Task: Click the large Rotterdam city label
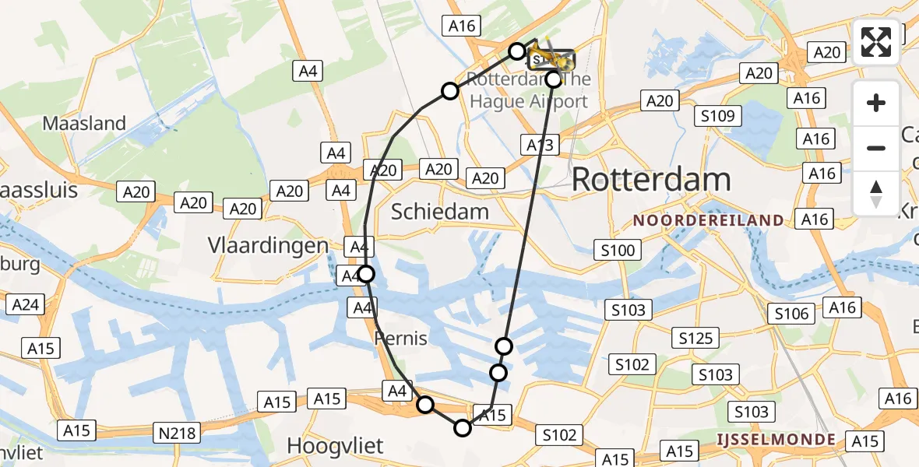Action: [651, 180]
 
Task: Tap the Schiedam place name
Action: [440, 211]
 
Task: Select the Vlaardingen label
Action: [268, 245]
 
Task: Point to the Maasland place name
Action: [84, 123]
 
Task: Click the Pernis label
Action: [401, 339]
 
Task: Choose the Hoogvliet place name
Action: [336, 445]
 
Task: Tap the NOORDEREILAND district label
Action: [708, 220]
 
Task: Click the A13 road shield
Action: [540, 145]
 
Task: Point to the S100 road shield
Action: [618, 250]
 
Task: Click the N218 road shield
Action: [178, 432]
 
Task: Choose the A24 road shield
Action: [25, 304]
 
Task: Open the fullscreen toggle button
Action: [876, 42]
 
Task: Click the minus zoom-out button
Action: [876, 148]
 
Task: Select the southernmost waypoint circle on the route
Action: [463, 427]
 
